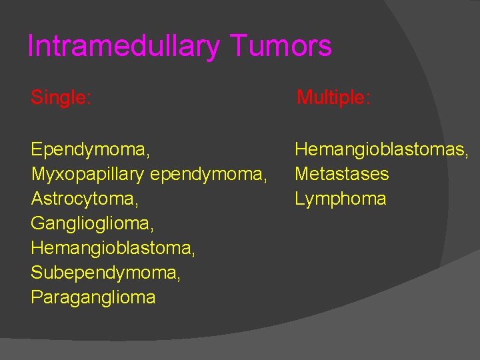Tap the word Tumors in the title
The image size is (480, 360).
tap(281, 47)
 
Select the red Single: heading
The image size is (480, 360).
tap(61, 98)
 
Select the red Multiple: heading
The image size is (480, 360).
tap(333, 98)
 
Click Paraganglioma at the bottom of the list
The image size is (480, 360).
tap(93, 297)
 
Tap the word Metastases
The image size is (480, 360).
tap(342, 174)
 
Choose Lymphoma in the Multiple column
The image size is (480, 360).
tap(341, 199)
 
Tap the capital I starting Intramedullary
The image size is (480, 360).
tap(31, 47)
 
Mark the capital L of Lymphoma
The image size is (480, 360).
tap(300, 199)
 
